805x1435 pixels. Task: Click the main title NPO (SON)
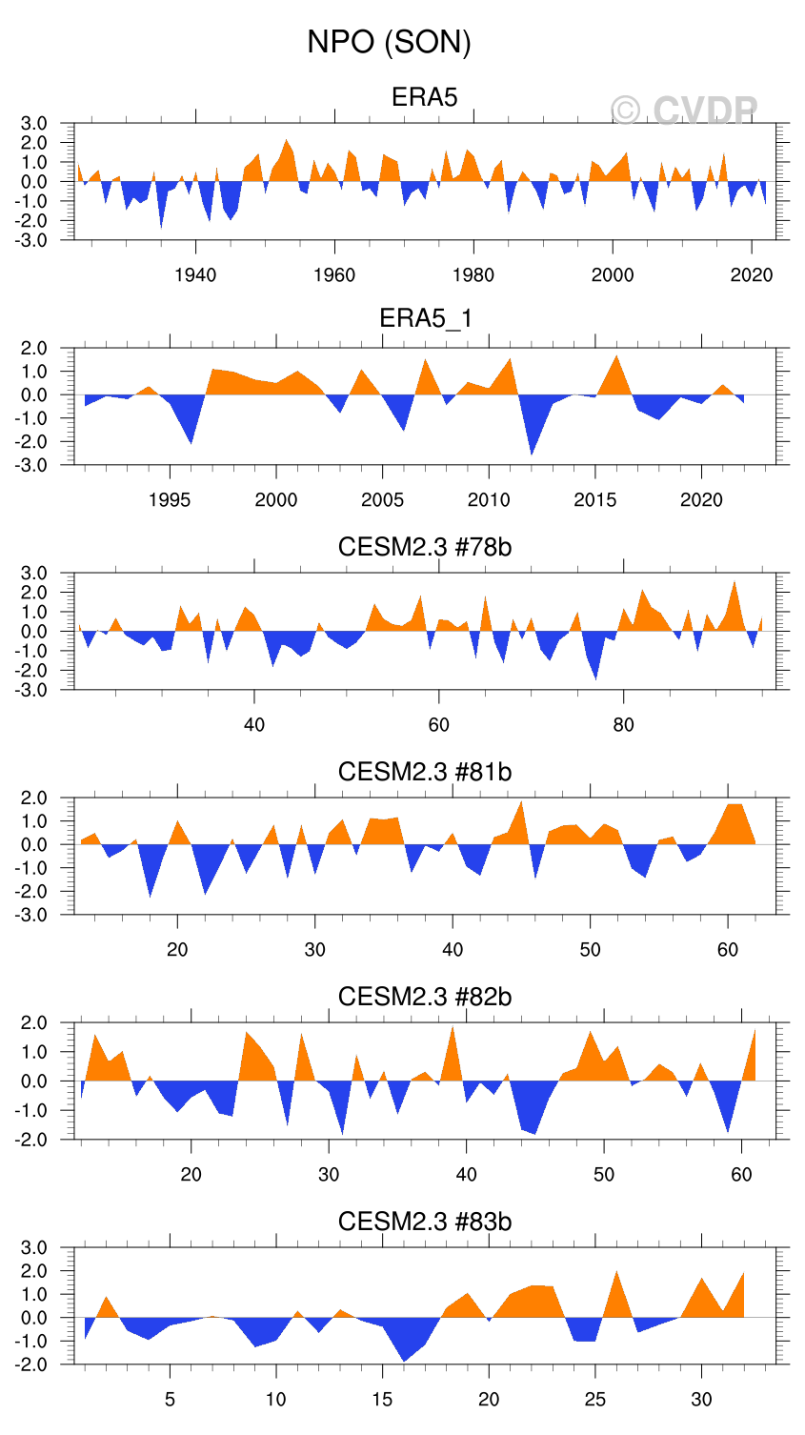389,42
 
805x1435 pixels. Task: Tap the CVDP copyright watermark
684,111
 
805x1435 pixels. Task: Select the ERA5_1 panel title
425,318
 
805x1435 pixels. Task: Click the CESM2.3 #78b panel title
425,547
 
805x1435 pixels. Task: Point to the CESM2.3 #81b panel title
425,772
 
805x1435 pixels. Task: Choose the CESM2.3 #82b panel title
425,997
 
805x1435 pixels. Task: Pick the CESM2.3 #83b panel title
425,1222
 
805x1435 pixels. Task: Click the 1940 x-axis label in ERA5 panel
195,275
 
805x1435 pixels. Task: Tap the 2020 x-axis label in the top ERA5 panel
752,275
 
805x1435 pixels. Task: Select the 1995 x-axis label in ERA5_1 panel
170,500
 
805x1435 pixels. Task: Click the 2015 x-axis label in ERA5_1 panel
595,500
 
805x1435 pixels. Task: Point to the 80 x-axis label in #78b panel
623,725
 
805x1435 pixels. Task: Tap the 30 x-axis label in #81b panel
315,950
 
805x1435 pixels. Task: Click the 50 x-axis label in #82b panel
604,1175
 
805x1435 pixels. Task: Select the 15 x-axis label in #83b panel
382,1400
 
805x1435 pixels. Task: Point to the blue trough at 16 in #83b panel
404,1355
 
